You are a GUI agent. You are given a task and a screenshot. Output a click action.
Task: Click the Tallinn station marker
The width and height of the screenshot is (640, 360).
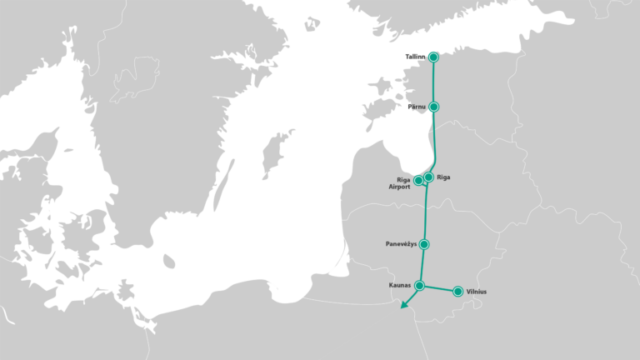(x=433, y=57)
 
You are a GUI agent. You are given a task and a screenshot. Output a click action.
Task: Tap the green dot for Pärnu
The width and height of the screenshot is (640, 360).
(x=433, y=107)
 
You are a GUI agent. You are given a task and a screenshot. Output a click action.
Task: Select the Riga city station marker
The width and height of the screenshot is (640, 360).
(x=428, y=177)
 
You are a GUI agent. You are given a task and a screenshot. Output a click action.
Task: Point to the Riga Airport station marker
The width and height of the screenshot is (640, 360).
(x=418, y=180)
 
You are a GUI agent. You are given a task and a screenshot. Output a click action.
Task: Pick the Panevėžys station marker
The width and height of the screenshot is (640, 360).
(x=424, y=244)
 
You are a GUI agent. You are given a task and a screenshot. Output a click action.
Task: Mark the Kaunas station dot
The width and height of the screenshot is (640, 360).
(x=420, y=286)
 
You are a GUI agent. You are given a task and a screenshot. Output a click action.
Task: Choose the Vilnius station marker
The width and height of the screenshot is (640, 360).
(x=457, y=292)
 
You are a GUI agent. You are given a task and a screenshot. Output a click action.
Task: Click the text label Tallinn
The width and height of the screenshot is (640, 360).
(x=415, y=57)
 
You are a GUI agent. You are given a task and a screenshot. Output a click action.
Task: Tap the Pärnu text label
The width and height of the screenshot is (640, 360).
(x=417, y=107)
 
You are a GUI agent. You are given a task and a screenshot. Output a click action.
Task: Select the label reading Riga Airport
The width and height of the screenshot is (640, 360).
(x=399, y=184)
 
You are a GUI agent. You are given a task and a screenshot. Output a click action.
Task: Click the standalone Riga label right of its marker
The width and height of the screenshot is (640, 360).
(x=443, y=177)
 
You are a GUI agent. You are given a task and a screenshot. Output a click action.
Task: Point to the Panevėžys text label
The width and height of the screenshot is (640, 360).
(x=401, y=244)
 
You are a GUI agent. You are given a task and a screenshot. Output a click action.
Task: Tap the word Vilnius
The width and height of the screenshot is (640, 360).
(x=477, y=292)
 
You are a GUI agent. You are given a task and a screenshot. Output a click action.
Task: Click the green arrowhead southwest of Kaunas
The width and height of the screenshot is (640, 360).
(x=403, y=306)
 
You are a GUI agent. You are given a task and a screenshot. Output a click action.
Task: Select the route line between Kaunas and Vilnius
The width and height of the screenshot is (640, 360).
(x=439, y=289)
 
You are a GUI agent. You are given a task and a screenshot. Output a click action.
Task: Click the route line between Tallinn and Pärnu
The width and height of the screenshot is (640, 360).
(x=433, y=82)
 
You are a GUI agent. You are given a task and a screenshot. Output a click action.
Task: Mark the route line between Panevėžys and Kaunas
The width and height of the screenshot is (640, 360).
(x=422, y=265)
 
